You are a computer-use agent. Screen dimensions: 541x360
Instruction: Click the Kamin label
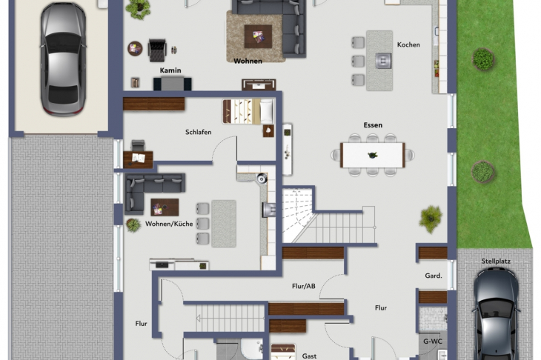[170, 70]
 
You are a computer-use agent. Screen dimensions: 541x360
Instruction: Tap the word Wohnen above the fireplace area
[248, 61]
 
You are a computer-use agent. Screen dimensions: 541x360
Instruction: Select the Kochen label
[408, 44]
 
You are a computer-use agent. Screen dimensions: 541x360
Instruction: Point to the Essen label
[373, 125]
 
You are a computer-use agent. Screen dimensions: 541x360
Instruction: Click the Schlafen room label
[199, 132]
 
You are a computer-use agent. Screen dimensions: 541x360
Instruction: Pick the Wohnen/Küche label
[169, 224]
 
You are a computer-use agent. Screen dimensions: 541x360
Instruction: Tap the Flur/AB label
[304, 286]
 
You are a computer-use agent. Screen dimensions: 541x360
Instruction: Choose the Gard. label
[434, 276]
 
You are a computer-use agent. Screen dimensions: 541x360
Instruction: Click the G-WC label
[433, 341]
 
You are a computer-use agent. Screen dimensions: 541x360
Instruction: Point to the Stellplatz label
[496, 261]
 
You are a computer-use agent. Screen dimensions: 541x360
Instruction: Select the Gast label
[309, 356]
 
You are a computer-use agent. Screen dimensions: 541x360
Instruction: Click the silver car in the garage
[63, 59]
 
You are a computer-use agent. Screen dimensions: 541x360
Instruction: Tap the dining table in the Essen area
[373, 155]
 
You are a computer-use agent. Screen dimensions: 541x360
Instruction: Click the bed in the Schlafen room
[248, 111]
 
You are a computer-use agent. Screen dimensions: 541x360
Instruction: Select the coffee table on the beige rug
[258, 36]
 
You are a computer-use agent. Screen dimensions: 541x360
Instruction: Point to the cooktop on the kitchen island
[383, 61]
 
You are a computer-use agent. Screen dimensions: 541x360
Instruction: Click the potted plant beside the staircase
[431, 219]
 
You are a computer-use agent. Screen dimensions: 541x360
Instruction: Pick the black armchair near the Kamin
[157, 50]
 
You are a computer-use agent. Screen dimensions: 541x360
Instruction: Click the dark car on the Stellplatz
[497, 315]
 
